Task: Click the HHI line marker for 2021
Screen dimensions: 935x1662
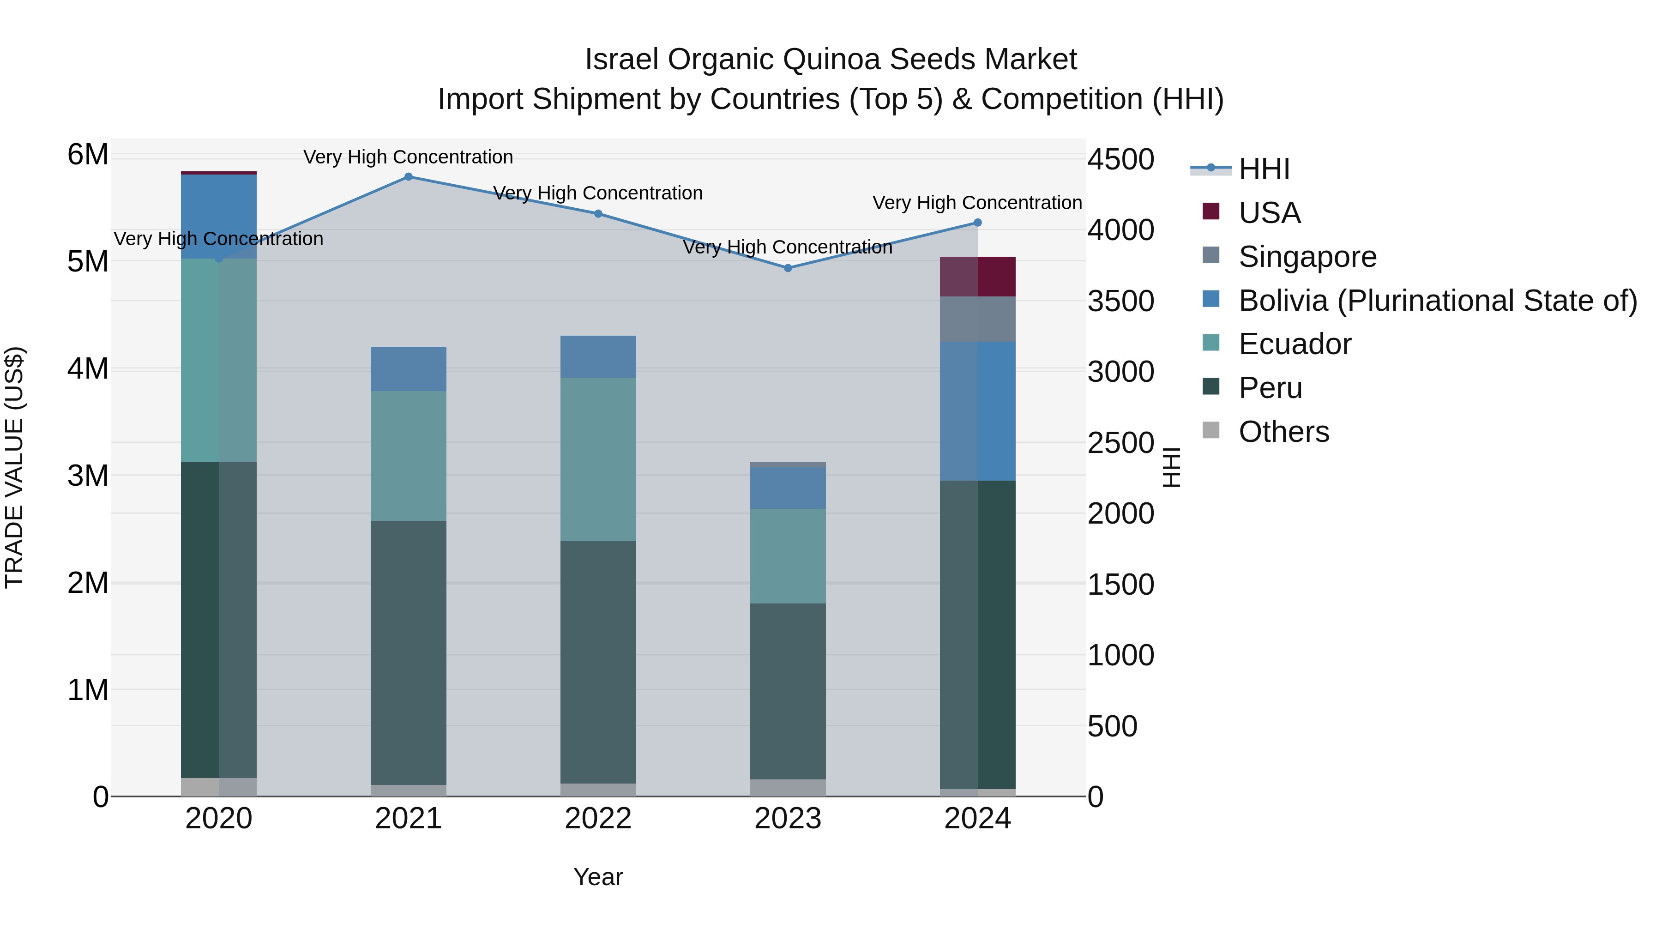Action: pos(409,177)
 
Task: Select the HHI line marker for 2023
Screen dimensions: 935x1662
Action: pos(788,268)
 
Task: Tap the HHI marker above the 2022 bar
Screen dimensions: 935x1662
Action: pos(598,214)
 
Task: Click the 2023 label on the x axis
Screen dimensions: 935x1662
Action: pos(788,819)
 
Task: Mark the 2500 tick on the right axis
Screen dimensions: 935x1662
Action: pos(1120,443)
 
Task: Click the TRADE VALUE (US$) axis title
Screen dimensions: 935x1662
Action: pos(14,467)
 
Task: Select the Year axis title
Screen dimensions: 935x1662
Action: pos(598,877)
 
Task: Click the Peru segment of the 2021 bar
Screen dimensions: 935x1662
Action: pos(409,651)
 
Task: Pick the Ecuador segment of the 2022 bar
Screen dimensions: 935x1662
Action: pos(598,459)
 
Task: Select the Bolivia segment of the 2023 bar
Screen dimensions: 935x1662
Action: pos(788,488)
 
